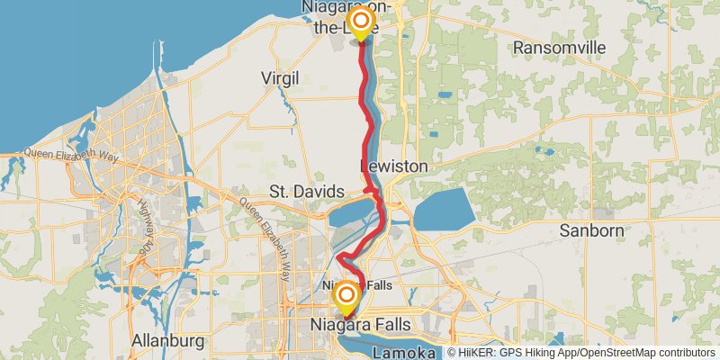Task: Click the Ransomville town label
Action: (552, 46)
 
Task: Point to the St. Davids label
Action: (306, 192)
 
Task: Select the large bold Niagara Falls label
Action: (360, 323)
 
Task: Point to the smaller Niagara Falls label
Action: (357, 285)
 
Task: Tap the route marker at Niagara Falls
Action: (346, 296)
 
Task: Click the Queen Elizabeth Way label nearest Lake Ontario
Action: (68, 154)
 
